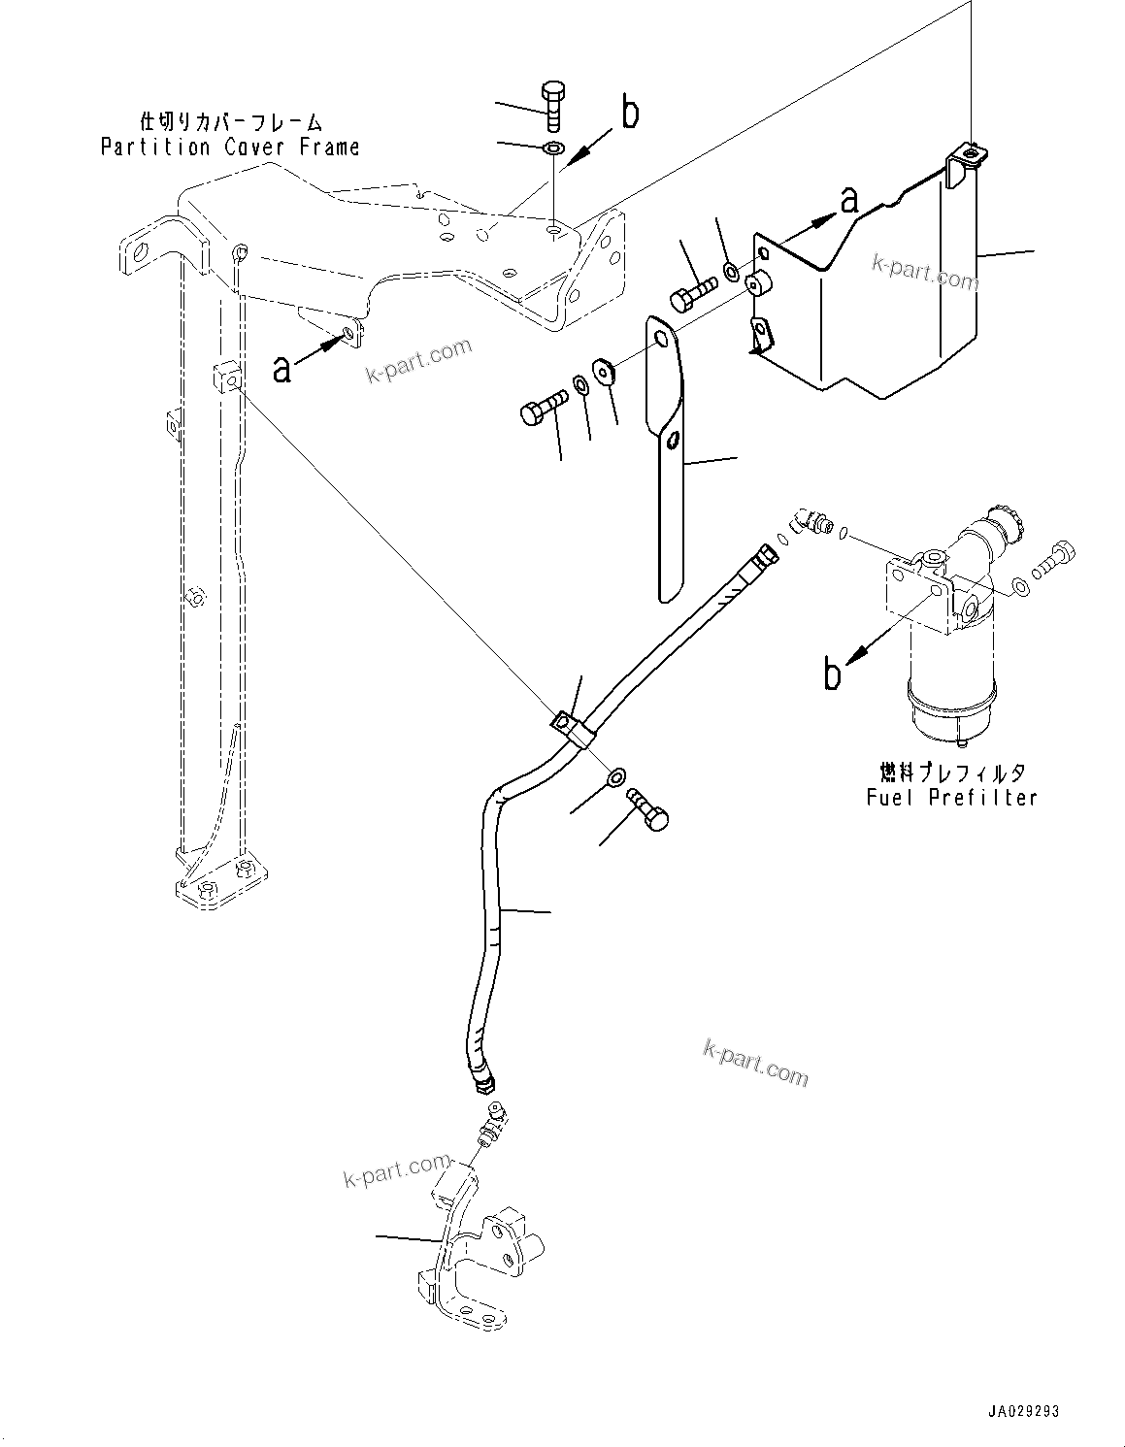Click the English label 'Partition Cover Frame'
point(230,148)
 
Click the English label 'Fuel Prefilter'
point(951,797)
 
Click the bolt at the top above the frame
point(551,106)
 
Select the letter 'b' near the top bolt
point(630,114)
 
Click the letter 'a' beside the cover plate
point(849,199)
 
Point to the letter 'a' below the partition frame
point(281,369)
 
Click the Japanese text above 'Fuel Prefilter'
point(951,773)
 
